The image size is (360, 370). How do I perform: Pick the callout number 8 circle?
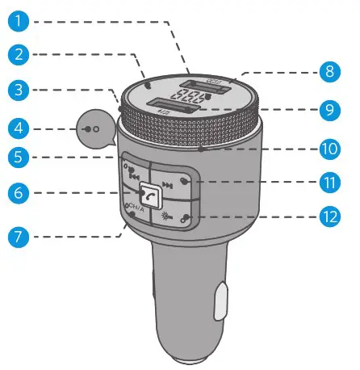click(x=327, y=71)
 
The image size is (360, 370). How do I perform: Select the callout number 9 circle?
click(x=327, y=108)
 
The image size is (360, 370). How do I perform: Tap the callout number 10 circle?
click(x=327, y=150)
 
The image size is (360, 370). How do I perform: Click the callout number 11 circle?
click(x=327, y=183)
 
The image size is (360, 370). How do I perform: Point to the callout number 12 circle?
click(x=327, y=217)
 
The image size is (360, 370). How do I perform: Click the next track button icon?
click(x=168, y=184)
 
